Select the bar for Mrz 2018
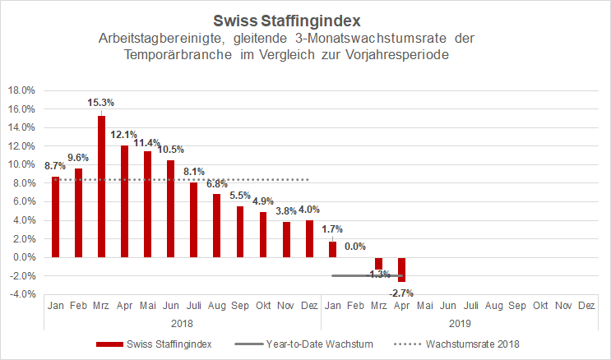tap(101, 187)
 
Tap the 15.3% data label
tap(101, 103)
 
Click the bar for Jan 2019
tap(332, 249)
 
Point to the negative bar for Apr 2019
tap(402, 270)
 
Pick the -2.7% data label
tap(402, 292)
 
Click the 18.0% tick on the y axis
tap(21, 90)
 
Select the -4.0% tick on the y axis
tap(21, 294)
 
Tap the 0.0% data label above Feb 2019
tap(355, 246)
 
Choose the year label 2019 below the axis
tap(460, 324)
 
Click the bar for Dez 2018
tap(309, 238)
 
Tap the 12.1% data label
tap(124, 135)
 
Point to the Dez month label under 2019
tap(586, 307)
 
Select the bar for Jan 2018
tap(55, 217)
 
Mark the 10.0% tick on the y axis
tap(21, 164)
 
